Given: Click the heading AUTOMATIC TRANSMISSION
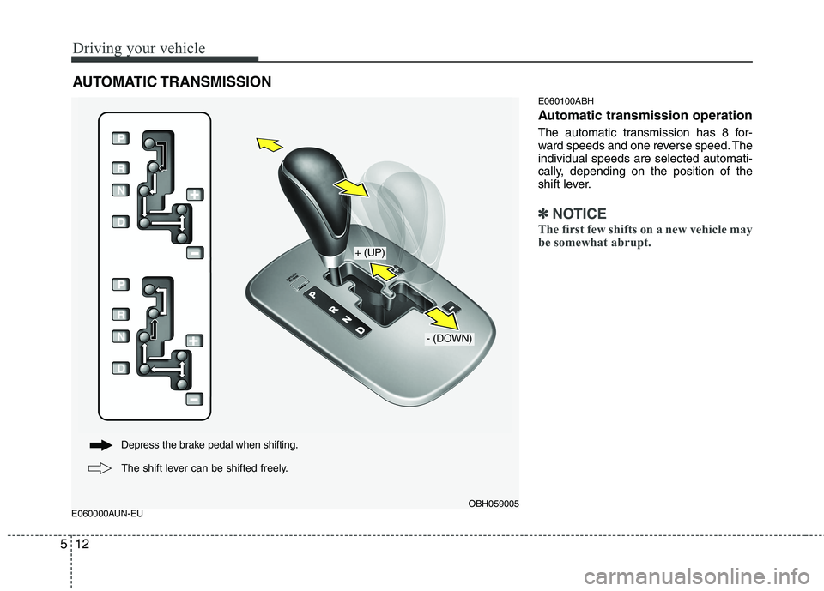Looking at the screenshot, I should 172,82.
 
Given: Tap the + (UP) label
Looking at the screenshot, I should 369,252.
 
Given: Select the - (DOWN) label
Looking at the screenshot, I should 449,339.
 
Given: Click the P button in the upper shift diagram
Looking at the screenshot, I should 120,138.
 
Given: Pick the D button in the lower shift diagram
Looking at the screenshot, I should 120,369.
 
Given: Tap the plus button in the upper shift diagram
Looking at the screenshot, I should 195,194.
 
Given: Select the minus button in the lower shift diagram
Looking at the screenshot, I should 195,400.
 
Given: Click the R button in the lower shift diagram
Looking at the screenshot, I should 120,314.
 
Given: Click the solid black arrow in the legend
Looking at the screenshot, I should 100,445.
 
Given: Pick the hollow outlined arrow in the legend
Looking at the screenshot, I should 100,468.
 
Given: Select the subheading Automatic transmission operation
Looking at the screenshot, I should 645,115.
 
